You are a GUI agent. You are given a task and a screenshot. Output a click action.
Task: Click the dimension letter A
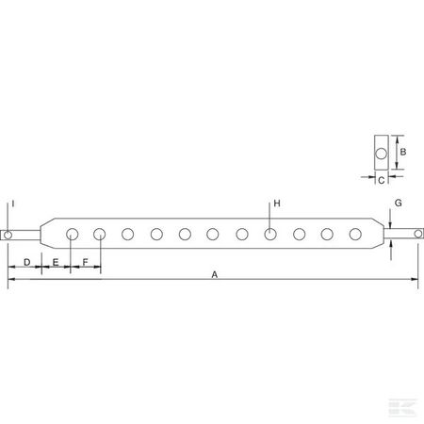pyautogui.click(x=215, y=274)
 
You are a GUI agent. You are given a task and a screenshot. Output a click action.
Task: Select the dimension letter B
pyautogui.click(x=403, y=152)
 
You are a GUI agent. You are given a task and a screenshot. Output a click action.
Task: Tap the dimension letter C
pyautogui.click(x=382, y=181)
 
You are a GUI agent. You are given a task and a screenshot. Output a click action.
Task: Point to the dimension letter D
pyautogui.click(x=27, y=262)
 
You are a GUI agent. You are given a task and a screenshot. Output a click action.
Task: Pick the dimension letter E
pyautogui.click(x=56, y=262)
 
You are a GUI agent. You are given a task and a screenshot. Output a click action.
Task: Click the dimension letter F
pyautogui.click(x=85, y=262)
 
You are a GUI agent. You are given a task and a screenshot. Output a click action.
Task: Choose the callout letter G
pyautogui.click(x=399, y=203)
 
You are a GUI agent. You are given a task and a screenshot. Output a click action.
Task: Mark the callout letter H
pyautogui.click(x=277, y=204)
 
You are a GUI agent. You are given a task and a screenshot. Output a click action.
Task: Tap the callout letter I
pyautogui.click(x=13, y=204)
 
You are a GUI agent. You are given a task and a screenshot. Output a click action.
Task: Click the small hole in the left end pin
pyautogui.click(x=8, y=235)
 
